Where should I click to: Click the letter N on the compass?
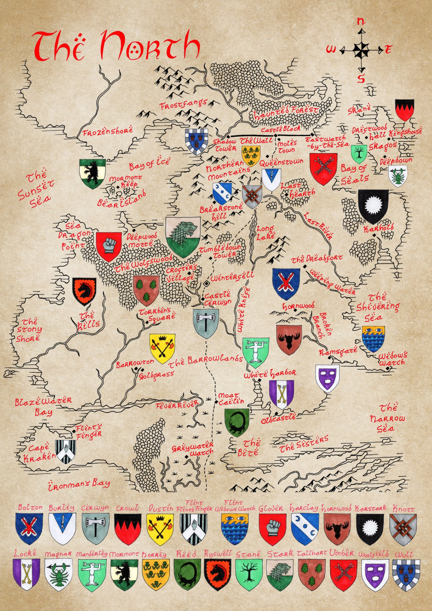pos(361,22)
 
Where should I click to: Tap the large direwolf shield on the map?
pos(183,237)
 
